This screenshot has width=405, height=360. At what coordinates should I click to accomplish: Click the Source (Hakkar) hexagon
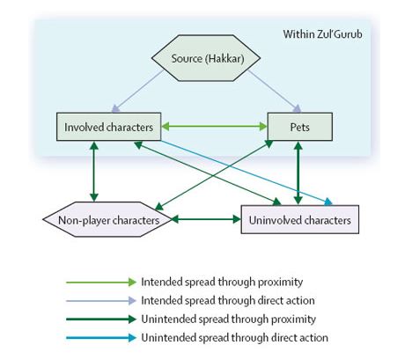pos(206,58)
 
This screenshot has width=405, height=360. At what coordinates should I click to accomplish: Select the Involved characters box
pos(108,127)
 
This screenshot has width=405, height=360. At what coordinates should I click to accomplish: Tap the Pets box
pos(300,127)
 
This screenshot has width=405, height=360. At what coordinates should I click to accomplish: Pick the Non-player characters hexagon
pos(107,219)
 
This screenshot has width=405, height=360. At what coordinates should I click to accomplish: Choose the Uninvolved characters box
pos(300,219)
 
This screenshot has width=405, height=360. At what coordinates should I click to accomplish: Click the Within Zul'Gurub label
pos(322,34)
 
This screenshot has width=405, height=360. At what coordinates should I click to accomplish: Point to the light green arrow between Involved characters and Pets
pos(214,127)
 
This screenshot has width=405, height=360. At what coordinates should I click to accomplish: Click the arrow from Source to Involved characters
pos(137,91)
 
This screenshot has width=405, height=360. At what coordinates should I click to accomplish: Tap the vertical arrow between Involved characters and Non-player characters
pos(94,172)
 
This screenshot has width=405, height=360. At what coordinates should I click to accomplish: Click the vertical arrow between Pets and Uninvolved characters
pos(298,173)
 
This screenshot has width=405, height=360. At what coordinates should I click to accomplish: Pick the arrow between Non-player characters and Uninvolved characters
pos(206,219)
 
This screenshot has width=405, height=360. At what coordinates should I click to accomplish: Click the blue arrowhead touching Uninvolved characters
pos(328,202)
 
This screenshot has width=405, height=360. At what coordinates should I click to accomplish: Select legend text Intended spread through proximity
pos(222,282)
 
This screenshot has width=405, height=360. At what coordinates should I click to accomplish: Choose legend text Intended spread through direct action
pos(228,300)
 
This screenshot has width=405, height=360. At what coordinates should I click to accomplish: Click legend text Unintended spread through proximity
pos(228,319)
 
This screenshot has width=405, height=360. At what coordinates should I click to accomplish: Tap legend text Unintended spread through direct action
pos(234,337)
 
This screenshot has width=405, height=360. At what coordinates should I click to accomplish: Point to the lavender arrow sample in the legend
pos(101,301)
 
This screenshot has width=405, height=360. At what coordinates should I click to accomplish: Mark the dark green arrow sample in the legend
pos(101,320)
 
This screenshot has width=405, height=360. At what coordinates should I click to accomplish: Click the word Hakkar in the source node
pos(225,58)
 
